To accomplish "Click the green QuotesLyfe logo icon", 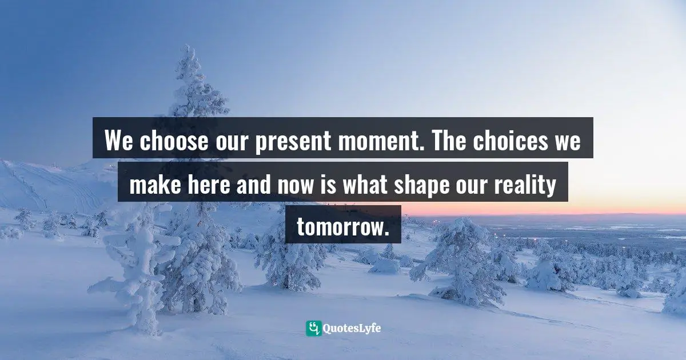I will [x=313, y=328].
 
